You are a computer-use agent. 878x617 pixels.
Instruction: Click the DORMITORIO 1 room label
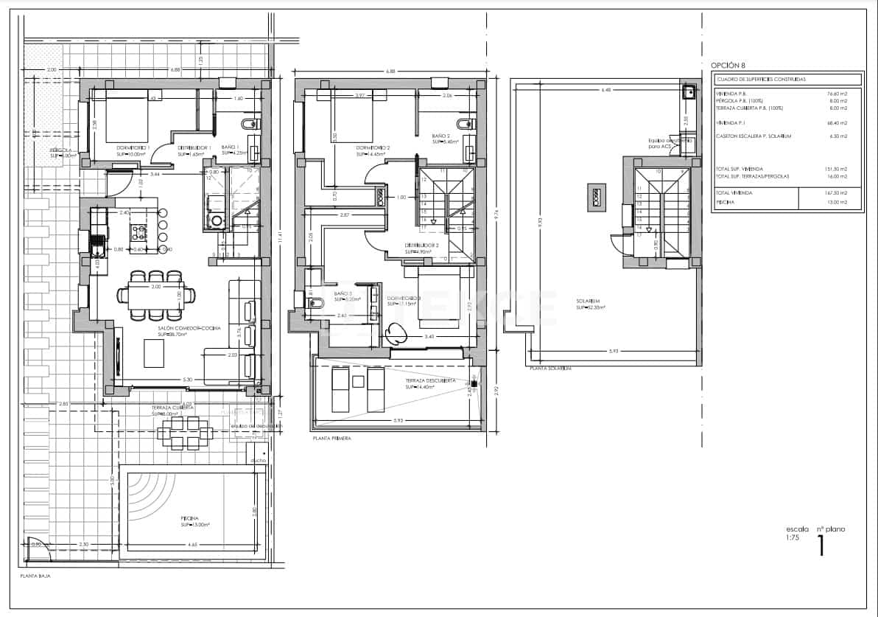133,148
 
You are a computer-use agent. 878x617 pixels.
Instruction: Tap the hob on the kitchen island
138,233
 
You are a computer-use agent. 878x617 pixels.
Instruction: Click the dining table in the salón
155,296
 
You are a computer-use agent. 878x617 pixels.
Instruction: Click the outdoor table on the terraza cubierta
181,433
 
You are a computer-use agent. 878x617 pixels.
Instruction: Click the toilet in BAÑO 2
465,122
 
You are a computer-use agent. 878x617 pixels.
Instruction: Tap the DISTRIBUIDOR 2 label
421,245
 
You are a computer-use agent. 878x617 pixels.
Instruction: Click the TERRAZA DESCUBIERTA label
429,381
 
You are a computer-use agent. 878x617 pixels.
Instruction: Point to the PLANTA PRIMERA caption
331,438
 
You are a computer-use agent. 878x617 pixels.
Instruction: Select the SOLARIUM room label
589,301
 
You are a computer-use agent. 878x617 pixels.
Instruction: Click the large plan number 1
821,545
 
